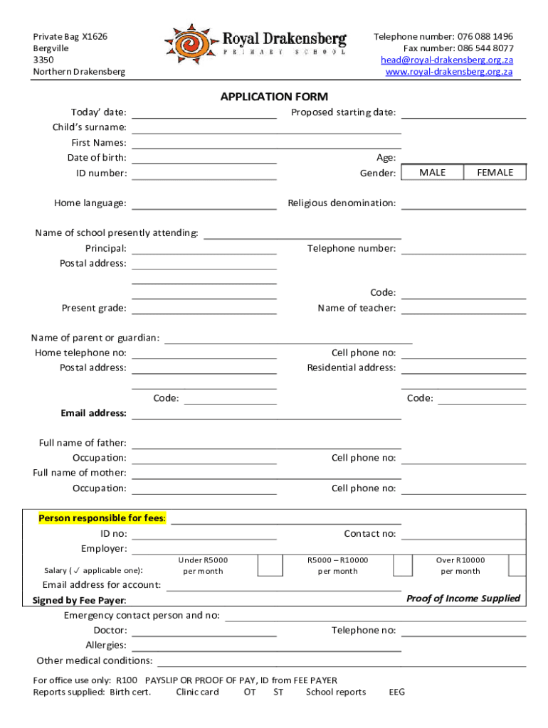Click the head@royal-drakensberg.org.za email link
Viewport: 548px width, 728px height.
[x=446, y=60]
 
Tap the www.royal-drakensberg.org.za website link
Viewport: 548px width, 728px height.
[x=448, y=72]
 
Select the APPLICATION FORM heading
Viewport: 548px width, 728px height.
[x=274, y=97]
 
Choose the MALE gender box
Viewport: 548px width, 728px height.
[x=433, y=173]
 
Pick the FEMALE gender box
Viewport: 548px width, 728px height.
[x=495, y=173]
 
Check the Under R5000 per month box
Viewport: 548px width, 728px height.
[x=269, y=565]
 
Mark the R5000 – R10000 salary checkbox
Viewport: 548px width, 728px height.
[x=403, y=565]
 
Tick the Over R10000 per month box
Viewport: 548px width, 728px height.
[x=517, y=565]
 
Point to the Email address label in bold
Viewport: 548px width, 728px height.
[x=94, y=413]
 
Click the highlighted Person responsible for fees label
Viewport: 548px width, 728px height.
[x=102, y=518]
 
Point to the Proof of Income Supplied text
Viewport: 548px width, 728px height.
[x=463, y=599]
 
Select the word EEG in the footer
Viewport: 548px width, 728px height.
[x=397, y=692]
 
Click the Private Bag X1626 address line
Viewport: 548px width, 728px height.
[x=70, y=36]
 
